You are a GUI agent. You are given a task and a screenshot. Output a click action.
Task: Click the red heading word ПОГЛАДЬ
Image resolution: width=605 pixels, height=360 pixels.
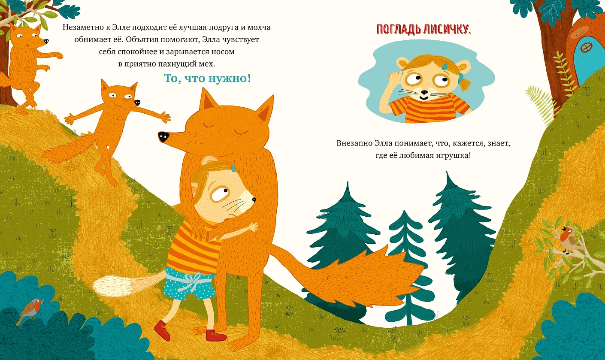(399, 29)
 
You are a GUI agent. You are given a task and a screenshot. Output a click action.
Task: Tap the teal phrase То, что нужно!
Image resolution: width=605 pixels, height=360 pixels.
(207, 79)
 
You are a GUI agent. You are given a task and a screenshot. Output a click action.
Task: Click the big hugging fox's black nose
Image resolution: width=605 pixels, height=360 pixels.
(163, 136)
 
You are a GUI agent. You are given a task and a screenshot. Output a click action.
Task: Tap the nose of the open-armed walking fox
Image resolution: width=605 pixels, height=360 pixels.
(137, 103)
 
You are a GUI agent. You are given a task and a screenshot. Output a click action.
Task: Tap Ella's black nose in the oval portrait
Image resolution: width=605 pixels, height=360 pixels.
(423, 93)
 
